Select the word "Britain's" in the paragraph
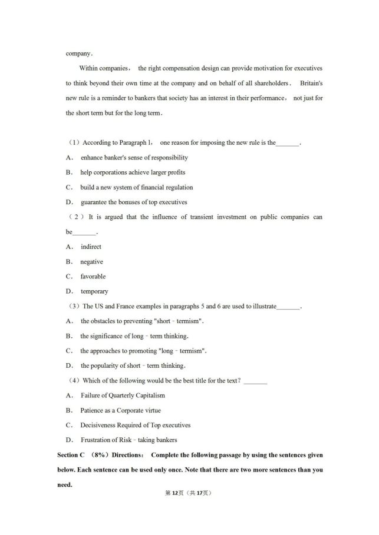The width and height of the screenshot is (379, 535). (310, 83)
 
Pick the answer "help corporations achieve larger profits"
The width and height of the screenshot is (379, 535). (133, 172)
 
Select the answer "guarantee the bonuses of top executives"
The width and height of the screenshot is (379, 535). (133, 202)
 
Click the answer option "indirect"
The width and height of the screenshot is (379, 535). (91, 247)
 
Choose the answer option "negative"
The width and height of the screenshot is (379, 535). (91, 262)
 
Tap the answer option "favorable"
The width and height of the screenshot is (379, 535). (93, 277)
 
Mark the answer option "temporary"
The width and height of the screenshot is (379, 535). (94, 291)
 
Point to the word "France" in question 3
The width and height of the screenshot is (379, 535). (127, 306)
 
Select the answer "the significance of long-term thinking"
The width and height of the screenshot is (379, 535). (134, 336)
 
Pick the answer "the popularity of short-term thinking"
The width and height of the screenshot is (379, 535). (133, 365)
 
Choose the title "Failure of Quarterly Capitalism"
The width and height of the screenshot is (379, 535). (123, 396)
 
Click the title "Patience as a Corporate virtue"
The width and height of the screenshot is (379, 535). (120, 410)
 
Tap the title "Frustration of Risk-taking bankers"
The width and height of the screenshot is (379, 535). (128, 440)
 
